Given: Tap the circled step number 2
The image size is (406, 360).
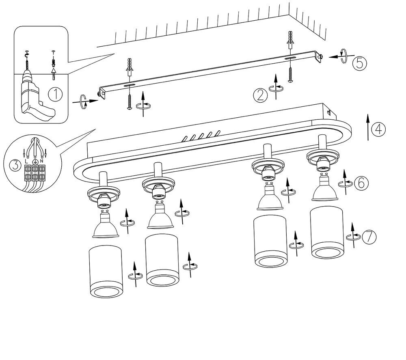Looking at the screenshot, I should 261,95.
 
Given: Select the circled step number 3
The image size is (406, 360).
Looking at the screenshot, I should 15,165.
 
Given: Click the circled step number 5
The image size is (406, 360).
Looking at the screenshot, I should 359,63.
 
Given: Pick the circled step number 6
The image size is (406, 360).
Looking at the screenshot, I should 361,183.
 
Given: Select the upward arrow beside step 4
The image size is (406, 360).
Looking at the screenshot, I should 368,127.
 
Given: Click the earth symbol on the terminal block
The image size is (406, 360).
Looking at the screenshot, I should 35,162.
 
